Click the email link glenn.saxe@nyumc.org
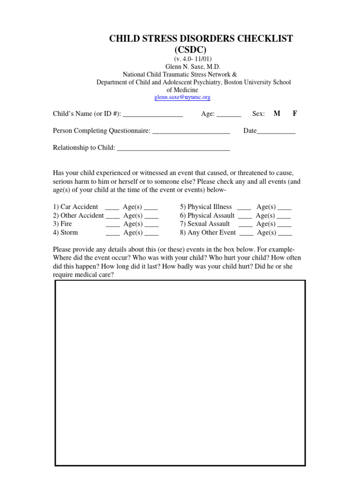182,97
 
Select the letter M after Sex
277,114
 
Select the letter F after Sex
295,114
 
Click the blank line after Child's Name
153,115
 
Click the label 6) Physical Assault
207,216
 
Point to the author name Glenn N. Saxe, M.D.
193,67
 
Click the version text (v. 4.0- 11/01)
193,59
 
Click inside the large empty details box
180,373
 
